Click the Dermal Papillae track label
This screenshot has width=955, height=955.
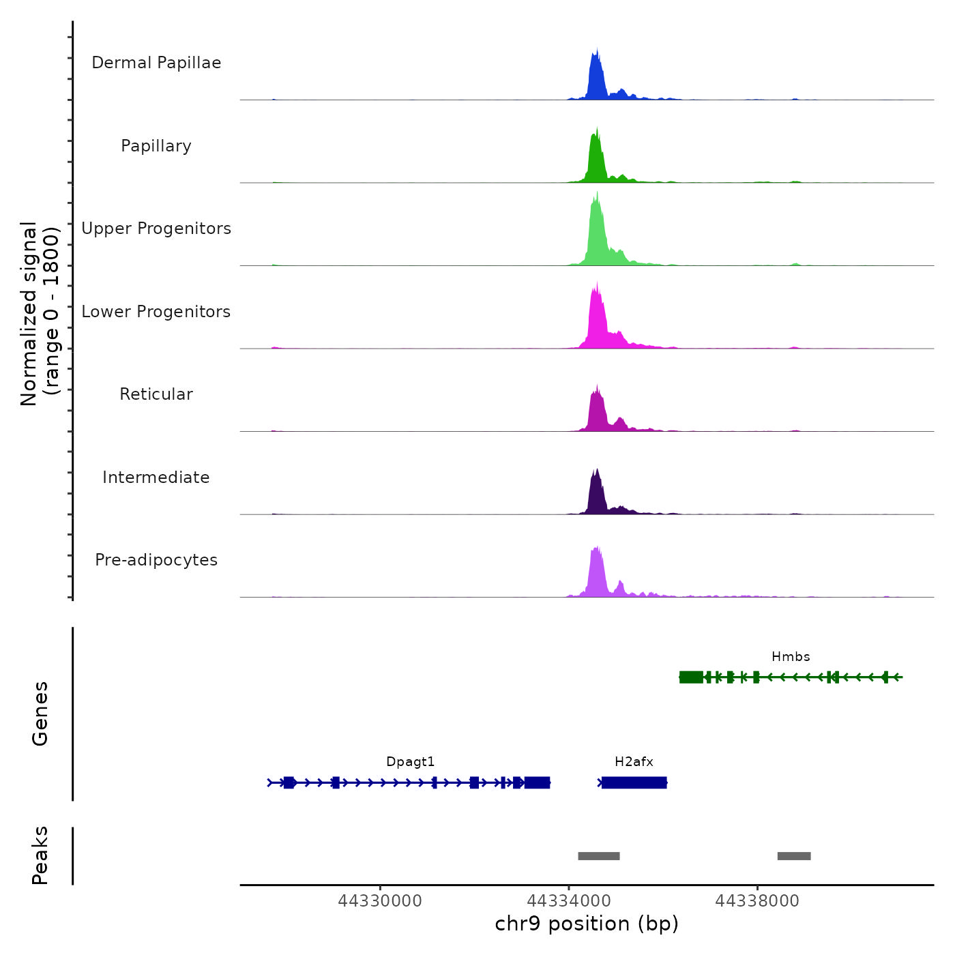[x=156, y=63]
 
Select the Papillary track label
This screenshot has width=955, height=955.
[x=156, y=146]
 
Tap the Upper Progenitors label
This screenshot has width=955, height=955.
[x=156, y=229]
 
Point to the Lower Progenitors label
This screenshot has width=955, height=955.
[x=156, y=312]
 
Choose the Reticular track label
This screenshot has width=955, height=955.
[x=156, y=394]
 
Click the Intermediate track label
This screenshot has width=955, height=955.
[x=156, y=477]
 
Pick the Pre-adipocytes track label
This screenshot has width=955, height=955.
[x=156, y=560]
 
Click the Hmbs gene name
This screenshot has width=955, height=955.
[x=791, y=657]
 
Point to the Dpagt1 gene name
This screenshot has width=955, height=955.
[x=410, y=762]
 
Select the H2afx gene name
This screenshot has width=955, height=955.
[x=634, y=762]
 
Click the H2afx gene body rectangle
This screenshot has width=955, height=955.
[x=634, y=782]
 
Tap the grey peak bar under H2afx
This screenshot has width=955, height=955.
[x=599, y=856]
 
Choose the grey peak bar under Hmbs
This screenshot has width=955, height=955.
[x=794, y=856]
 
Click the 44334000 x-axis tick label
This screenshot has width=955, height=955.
[x=569, y=901]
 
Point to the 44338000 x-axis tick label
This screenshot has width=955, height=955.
[x=757, y=901]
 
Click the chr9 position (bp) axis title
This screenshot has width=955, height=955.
[x=587, y=924]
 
